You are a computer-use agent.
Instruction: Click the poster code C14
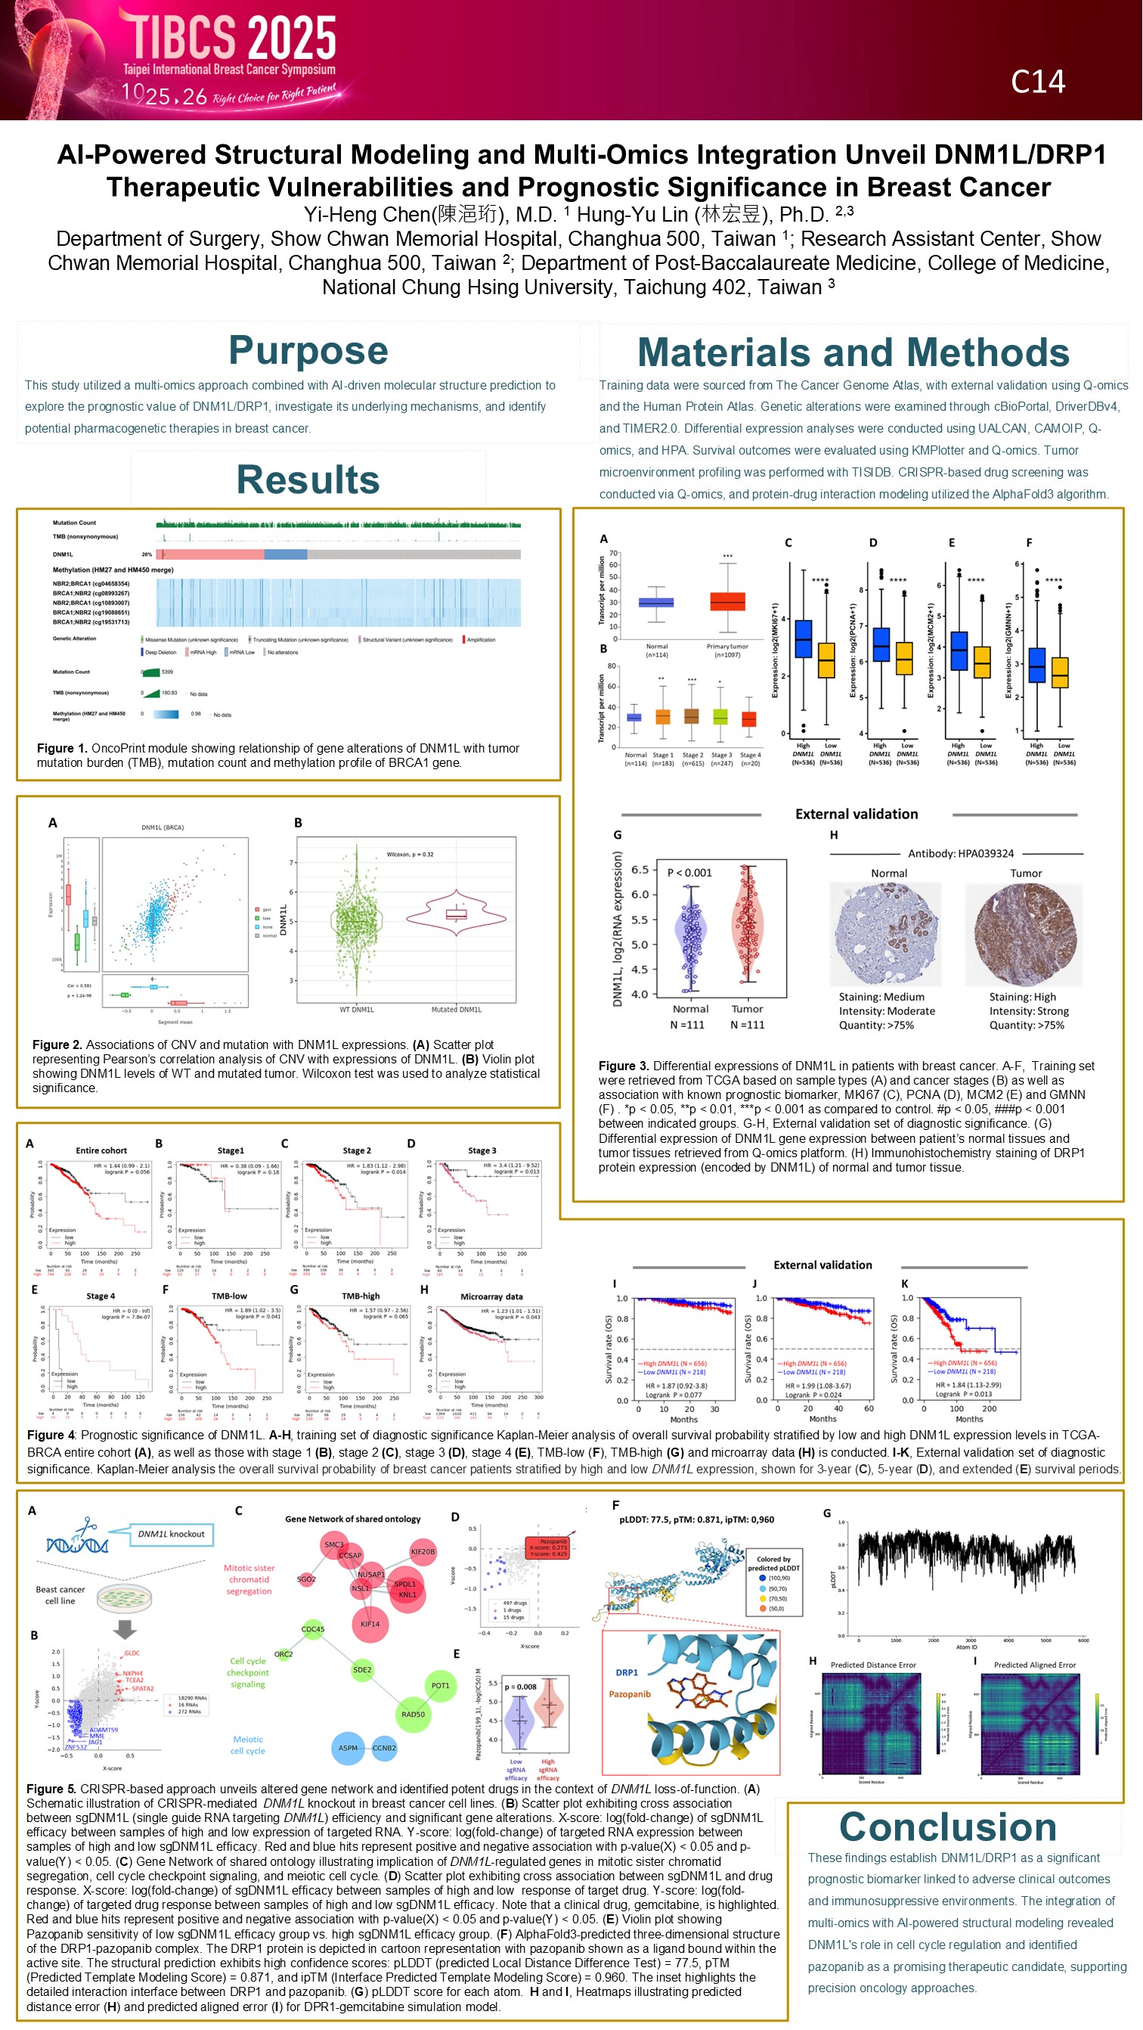tap(1037, 82)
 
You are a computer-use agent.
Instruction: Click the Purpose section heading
tap(308, 351)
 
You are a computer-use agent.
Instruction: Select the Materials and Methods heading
tap(853, 352)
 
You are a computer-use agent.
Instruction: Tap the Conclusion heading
tap(947, 1827)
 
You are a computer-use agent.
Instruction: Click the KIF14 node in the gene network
tap(370, 1624)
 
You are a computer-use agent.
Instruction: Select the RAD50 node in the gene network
tap(413, 1714)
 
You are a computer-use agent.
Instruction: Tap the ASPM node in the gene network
tap(348, 1748)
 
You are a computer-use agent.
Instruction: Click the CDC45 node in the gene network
tap(313, 1629)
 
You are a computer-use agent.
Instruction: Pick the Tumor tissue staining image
tap(1024, 935)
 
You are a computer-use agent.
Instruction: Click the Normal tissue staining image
tap(885, 935)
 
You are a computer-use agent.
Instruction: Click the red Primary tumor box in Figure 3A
tap(727, 601)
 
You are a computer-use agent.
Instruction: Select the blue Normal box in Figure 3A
tap(656, 603)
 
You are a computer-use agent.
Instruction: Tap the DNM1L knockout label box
tap(171, 1534)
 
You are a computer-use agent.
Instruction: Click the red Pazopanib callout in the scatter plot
tap(548, 1547)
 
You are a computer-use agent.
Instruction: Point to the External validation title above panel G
tap(856, 814)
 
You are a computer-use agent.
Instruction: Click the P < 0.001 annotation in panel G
tap(689, 872)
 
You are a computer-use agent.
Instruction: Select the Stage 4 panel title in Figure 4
tap(100, 1296)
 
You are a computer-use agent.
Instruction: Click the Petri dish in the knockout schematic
tap(125, 1598)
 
